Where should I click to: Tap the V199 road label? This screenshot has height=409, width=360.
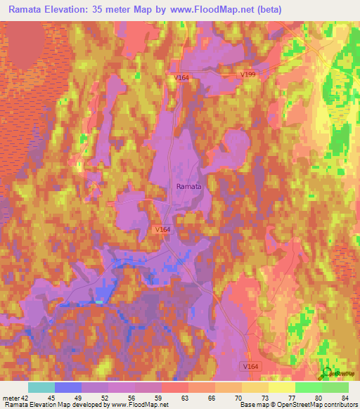pos(247,74)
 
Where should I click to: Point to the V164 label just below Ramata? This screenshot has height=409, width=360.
pos(163,229)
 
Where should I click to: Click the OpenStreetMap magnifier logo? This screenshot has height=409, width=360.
pos(326,372)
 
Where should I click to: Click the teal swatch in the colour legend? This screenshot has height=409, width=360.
pos(41,387)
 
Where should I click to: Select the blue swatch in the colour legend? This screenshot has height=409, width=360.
pos(67,387)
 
